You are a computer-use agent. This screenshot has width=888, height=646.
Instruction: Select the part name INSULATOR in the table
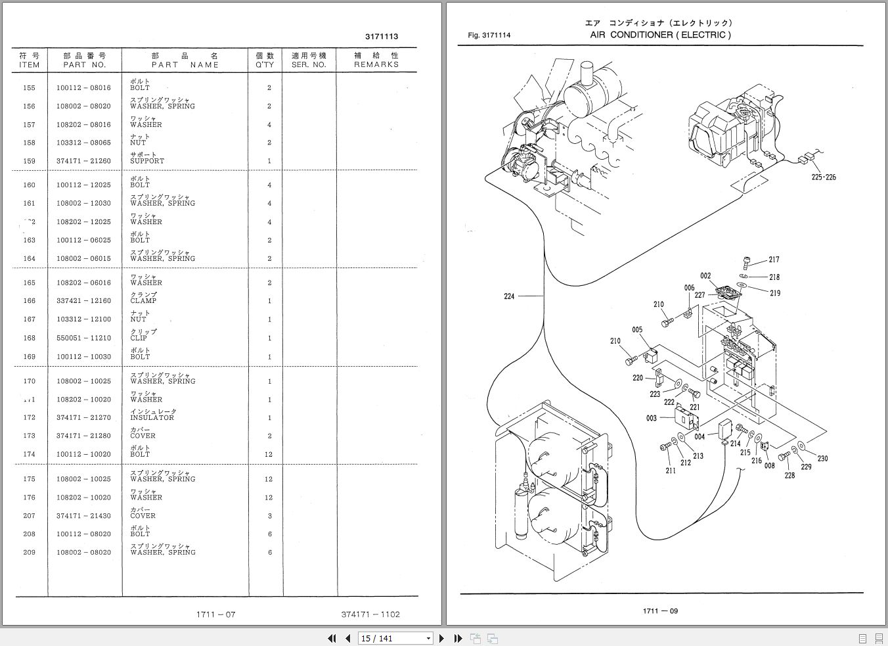click(x=152, y=417)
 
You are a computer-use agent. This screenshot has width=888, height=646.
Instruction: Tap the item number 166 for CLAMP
click(x=29, y=301)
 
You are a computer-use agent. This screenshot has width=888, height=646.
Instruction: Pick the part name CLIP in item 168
click(x=139, y=338)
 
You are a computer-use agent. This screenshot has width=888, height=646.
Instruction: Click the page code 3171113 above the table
click(x=381, y=37)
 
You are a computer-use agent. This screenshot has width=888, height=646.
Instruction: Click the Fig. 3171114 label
click(x=489, y=35)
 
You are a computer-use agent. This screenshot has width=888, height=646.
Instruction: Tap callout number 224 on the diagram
click(x=509, y=296)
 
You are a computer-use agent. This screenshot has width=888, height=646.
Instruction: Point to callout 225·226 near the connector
click(x=823, y=177)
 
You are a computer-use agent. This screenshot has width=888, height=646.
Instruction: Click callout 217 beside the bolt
click(x=774, y=260)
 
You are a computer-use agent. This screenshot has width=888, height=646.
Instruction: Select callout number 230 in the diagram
click(x=822, y=459)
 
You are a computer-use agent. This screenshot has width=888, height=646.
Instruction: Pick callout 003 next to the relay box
click(x=651, y=418)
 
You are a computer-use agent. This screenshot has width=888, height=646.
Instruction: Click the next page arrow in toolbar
click(x=441, y=638)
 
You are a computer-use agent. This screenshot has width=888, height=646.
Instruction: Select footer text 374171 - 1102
click(x=370, y=614)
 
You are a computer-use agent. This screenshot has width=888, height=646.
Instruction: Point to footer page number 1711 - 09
click(x=660, y=611)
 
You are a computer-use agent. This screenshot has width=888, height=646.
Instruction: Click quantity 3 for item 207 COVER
click(x=268, y=516)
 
